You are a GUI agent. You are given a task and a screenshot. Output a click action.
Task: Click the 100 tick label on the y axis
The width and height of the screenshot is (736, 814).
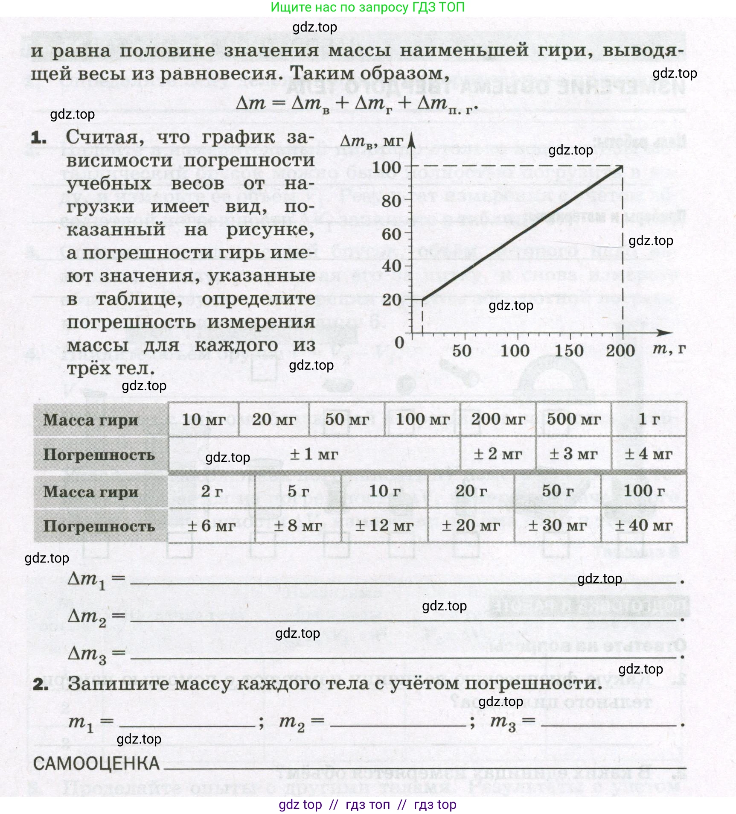pyautogui.click(x=386, y=167)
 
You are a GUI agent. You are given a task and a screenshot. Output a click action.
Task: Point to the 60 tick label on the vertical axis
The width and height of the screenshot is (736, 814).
pyautogui.click(x=391, y=233)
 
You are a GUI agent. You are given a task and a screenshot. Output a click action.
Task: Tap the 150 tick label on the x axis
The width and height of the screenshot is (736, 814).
pyautogui.click(x=568, y=351)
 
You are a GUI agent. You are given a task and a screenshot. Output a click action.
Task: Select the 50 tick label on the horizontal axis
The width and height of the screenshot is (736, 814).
pyautogui.click(x=462, y=351)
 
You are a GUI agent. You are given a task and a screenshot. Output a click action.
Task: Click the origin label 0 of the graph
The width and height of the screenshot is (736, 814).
pyautogui.click(x=399, y=342)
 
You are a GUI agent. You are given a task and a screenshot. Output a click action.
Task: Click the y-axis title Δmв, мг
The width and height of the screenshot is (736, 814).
pyautogui.click(x=371, y=141)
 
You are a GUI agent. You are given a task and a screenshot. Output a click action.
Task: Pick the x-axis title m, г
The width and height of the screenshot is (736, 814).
pyautogui.click(x=669, y=348)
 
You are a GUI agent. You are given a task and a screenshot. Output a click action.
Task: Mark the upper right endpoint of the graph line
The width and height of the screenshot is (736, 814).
pyautogui.click(x=622, y=166)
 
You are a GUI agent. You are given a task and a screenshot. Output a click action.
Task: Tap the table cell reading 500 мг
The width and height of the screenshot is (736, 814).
pyautogui.click(x=573, y=419)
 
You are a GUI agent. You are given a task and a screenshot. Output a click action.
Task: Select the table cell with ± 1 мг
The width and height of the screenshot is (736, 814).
pyautogui.click(x=314, y=454)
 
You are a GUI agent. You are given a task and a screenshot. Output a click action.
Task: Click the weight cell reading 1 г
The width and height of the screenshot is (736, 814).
pyautogui.click(x=649, y=419)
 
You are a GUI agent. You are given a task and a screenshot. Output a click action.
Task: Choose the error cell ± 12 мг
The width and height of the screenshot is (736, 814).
pyautogui.click(x=384, y=525)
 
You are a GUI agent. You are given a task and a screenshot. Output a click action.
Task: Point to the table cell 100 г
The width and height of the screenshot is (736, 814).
pyautogui.click(x=644, y=491)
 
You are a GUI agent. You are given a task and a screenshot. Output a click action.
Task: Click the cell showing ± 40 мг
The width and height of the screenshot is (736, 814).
pyautogui.click(x=644, y=525)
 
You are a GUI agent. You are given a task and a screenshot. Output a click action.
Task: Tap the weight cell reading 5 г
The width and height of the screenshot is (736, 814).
pyautogui.click(x=298, y=491)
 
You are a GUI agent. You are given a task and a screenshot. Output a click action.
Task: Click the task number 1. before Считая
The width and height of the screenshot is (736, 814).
pyautogui.click(x=39, y=138)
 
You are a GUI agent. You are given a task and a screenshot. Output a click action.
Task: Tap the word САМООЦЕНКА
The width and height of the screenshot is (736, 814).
pyautogui.click(x=96, y=764)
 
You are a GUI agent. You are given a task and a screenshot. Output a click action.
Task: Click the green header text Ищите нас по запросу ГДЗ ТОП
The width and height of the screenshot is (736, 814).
pyautogui.click(x=367, y=7)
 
